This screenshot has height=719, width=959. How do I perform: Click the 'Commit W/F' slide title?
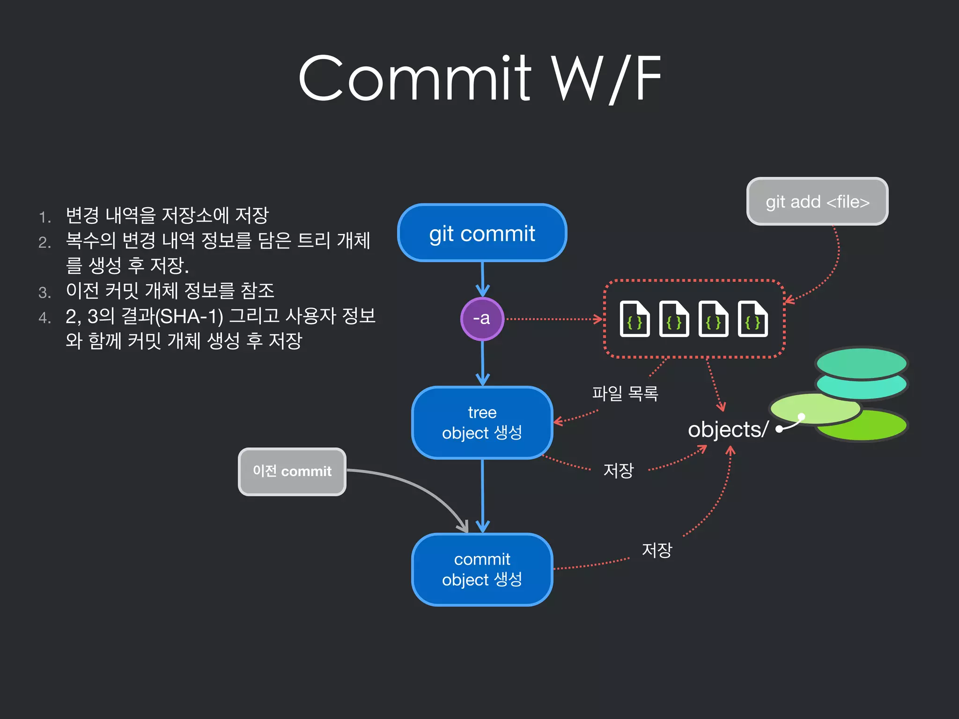479,79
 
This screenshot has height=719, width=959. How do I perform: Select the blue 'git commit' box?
482,233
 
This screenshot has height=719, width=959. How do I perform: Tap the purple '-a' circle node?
482,319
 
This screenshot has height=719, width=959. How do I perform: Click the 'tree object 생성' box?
482,422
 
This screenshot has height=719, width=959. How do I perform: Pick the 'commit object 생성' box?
482,569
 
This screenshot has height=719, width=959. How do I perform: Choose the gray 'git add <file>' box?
817,202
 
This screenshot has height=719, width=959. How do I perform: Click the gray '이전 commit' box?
292,471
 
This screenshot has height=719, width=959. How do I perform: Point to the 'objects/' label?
728,429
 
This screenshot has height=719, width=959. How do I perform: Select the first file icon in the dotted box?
634,319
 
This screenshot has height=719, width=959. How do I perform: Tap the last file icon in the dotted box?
752,319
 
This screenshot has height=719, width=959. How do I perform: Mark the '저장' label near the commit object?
657,550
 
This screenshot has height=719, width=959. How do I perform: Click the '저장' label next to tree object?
618,470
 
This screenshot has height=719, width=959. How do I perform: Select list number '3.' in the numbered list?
44,293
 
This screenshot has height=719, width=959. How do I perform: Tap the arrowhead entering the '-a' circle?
482,291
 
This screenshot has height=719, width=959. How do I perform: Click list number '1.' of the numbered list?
44,217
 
